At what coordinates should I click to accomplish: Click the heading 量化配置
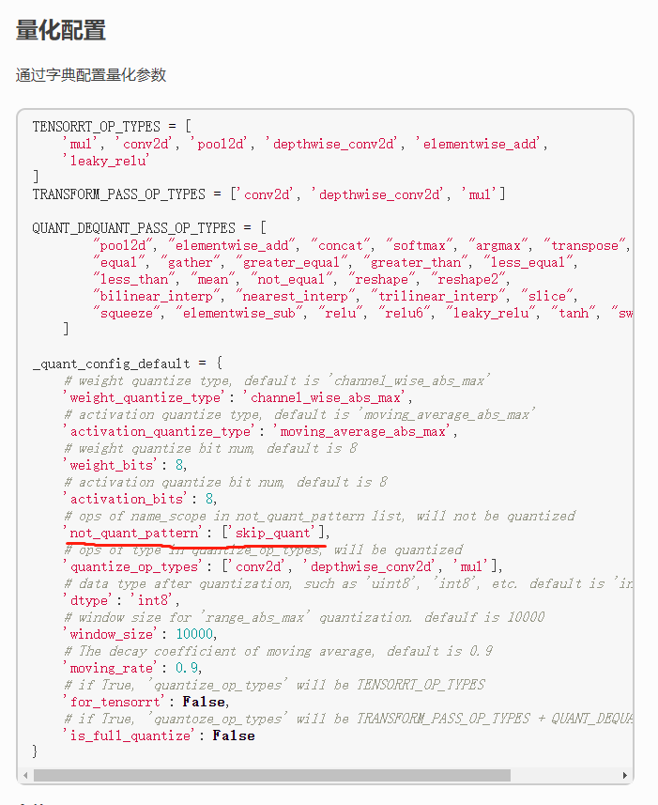point(61,30)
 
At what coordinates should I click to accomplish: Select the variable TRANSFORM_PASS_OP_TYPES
point(119,194)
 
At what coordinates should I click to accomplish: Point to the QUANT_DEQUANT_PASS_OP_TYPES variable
point(134,228)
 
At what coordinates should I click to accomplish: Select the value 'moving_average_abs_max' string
point(362,431)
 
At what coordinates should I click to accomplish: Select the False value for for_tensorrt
point(204,702)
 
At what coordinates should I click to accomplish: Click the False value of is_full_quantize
point(234,735)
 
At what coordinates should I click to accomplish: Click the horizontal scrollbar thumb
point(272,776)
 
